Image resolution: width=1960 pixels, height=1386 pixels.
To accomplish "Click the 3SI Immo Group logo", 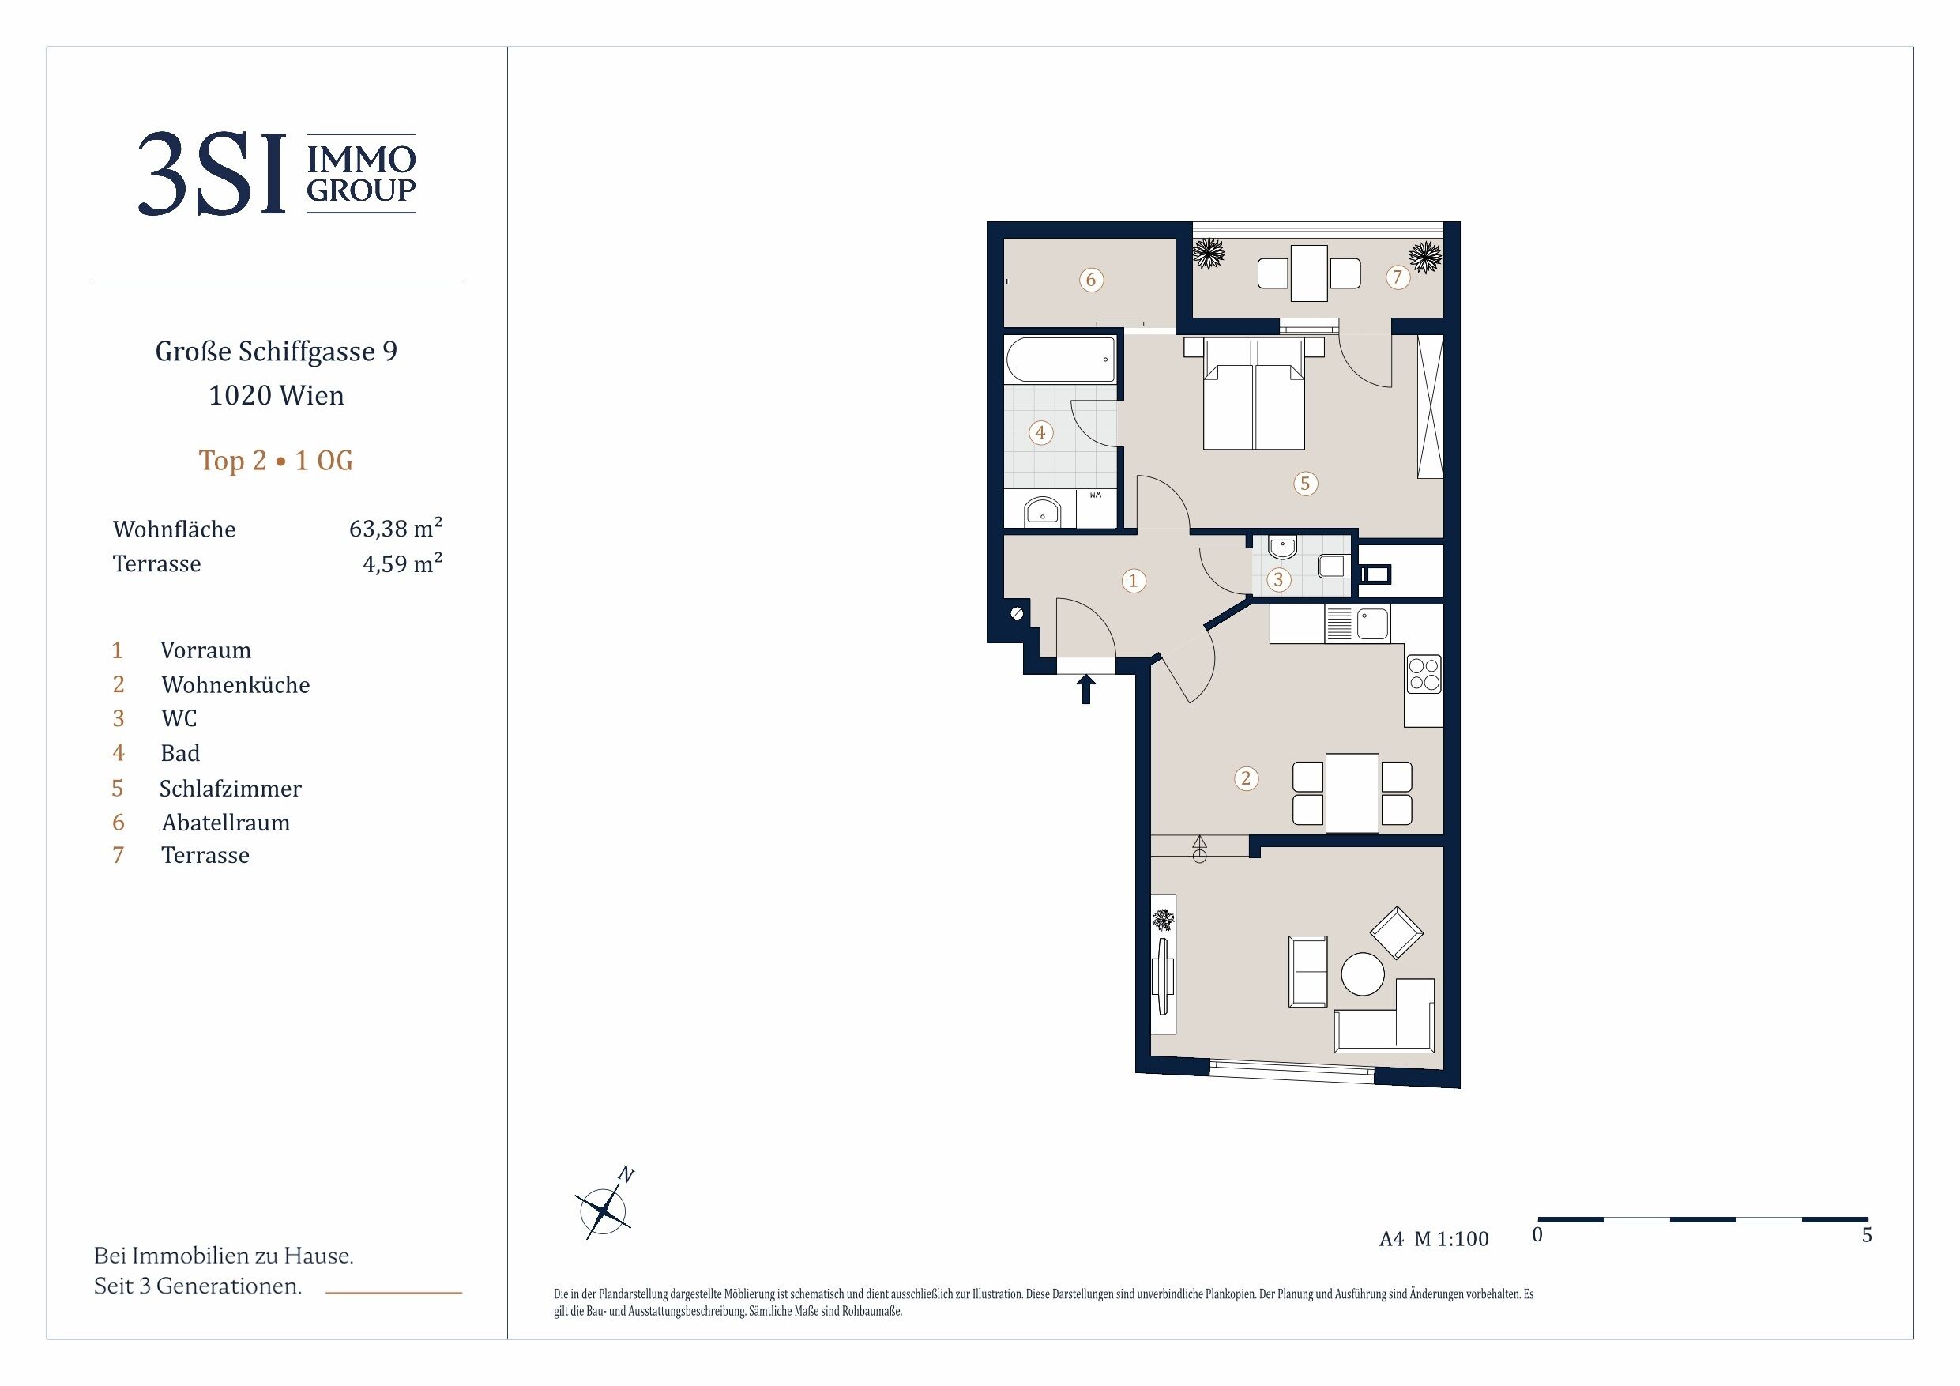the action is (277, 173).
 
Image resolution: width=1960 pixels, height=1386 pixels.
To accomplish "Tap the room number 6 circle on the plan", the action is (1091, 279).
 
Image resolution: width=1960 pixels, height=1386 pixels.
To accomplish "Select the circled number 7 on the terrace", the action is (1398, 277).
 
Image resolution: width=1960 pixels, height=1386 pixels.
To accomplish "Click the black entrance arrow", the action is (1085, 689).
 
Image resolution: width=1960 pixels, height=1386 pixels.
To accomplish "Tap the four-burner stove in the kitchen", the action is (1424, 673).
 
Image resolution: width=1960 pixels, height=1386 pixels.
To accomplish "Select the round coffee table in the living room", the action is (1363, 974).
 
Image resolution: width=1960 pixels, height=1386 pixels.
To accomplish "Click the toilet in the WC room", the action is (1331, 565).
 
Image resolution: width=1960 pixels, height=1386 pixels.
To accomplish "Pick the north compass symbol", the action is (604, 1207).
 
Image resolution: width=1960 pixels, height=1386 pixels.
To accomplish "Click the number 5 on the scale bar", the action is (1867, 1236).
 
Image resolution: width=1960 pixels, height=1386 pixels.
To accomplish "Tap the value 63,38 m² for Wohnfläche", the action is (395, 528).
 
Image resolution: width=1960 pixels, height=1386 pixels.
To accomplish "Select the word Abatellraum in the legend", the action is (226, 823).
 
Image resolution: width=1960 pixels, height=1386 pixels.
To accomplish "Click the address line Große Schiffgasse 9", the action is (277, 352).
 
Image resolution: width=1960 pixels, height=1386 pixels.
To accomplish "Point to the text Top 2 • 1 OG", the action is (276, 461).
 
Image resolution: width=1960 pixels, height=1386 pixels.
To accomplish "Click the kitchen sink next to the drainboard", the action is (1374, 624).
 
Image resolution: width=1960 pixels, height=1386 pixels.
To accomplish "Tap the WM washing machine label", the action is (1095, 495).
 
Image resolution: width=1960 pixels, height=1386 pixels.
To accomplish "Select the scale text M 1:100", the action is (1451, 1238).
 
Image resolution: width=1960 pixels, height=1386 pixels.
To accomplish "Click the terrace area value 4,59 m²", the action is (402, 563).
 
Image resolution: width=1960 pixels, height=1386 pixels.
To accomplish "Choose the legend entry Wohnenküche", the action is (235, 685).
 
